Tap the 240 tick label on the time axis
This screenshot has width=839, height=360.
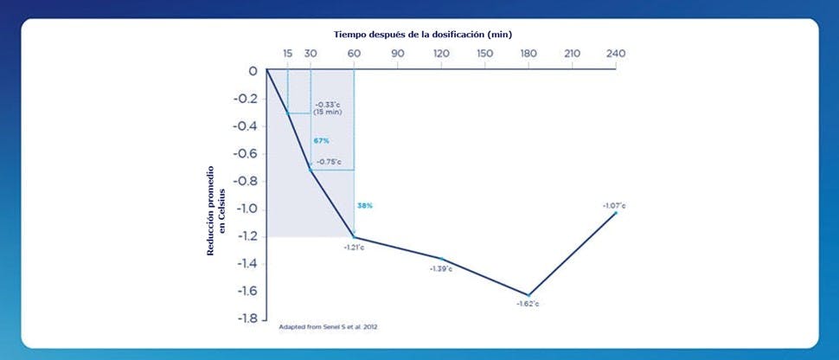(615, 54)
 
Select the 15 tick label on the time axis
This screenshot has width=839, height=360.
(287, 54)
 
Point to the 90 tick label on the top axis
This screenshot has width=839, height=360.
(397, 54)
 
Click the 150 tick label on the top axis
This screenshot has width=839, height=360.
(484, 54)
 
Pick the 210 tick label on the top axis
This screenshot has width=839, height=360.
(572, 54)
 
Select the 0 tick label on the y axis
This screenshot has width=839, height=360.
(253, 71)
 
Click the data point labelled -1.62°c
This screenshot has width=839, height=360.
(528, 294)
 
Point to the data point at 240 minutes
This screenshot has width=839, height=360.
(615, 212)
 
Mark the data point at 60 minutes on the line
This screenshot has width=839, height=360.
(354, 237)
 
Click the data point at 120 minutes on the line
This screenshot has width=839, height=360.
(441, 258)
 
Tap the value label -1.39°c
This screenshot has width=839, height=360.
(440, 269)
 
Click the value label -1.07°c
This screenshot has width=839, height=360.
(614, 205)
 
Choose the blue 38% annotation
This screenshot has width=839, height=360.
(364, 205)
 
